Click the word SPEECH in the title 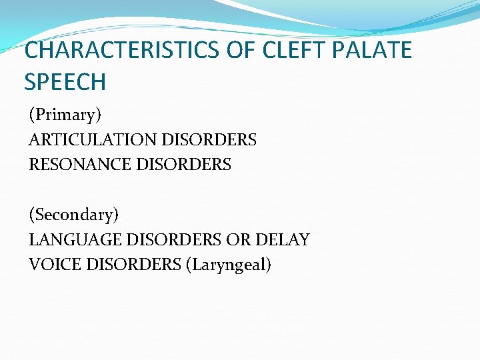coord(65,82)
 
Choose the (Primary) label coord(65,115)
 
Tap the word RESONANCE coord(80,164)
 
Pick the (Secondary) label coord(73,215)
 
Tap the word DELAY coord(285,239)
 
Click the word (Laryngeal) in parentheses coord(229,265)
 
